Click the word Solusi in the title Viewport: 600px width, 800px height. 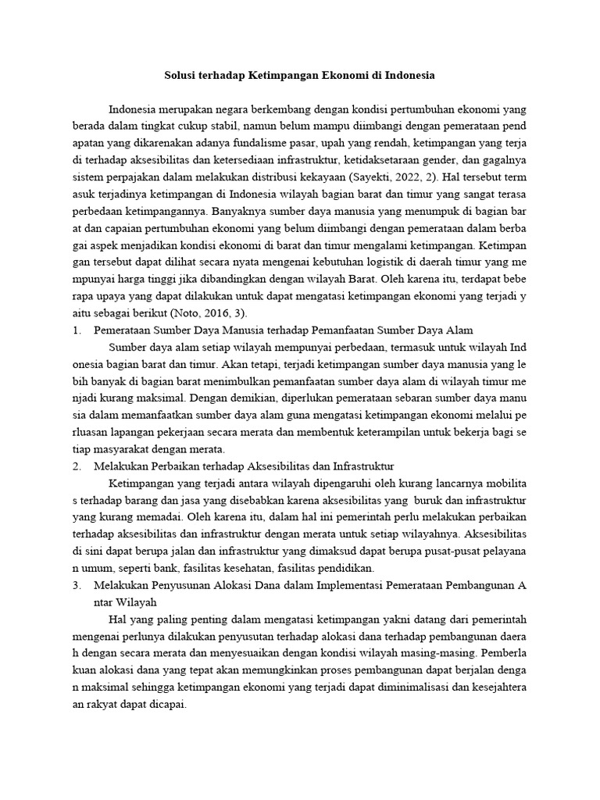coord(181,76)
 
